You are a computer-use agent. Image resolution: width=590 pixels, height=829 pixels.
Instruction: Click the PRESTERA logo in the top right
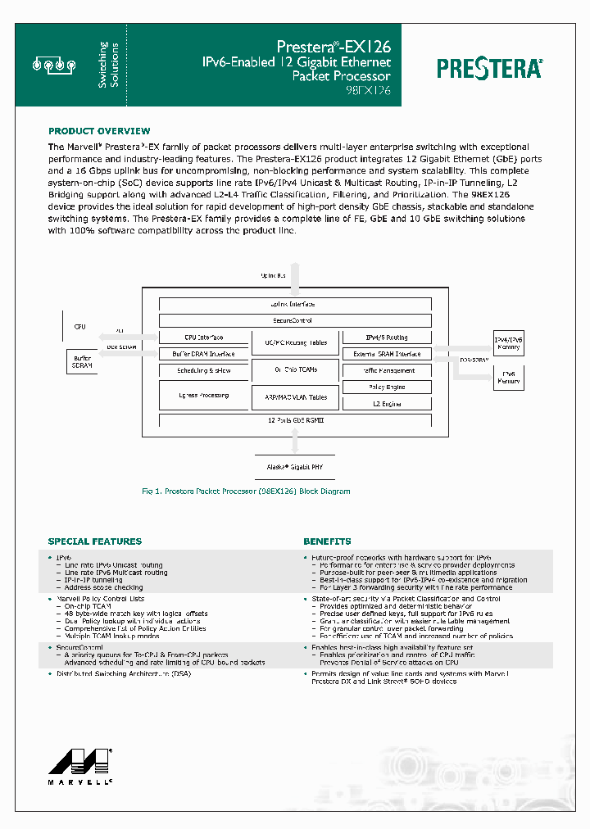click(489, 67)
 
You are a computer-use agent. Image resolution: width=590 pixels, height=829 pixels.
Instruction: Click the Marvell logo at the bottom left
click(80, 762)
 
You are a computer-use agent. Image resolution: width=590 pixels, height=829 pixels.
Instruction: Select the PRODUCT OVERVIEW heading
click(99, 131)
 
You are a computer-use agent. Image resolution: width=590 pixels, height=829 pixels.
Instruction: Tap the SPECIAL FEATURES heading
click(95, 541)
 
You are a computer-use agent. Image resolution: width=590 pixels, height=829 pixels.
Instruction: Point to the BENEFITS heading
click(327, 541)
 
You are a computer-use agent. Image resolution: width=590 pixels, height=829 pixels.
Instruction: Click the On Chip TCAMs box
click(295, 369)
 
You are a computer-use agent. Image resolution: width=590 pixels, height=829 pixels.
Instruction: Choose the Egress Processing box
click(203, 396)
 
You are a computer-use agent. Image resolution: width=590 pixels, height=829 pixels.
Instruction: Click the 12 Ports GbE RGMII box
click(295, 419)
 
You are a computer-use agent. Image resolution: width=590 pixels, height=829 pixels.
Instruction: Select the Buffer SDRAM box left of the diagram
click(81, 361)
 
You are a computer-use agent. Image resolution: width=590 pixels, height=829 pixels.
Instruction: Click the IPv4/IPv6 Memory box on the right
click(506, 343)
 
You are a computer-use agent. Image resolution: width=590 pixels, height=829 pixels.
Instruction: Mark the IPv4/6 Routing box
click(386, 337)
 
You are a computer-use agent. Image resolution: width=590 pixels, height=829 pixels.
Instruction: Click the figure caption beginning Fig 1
click(246, 492)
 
